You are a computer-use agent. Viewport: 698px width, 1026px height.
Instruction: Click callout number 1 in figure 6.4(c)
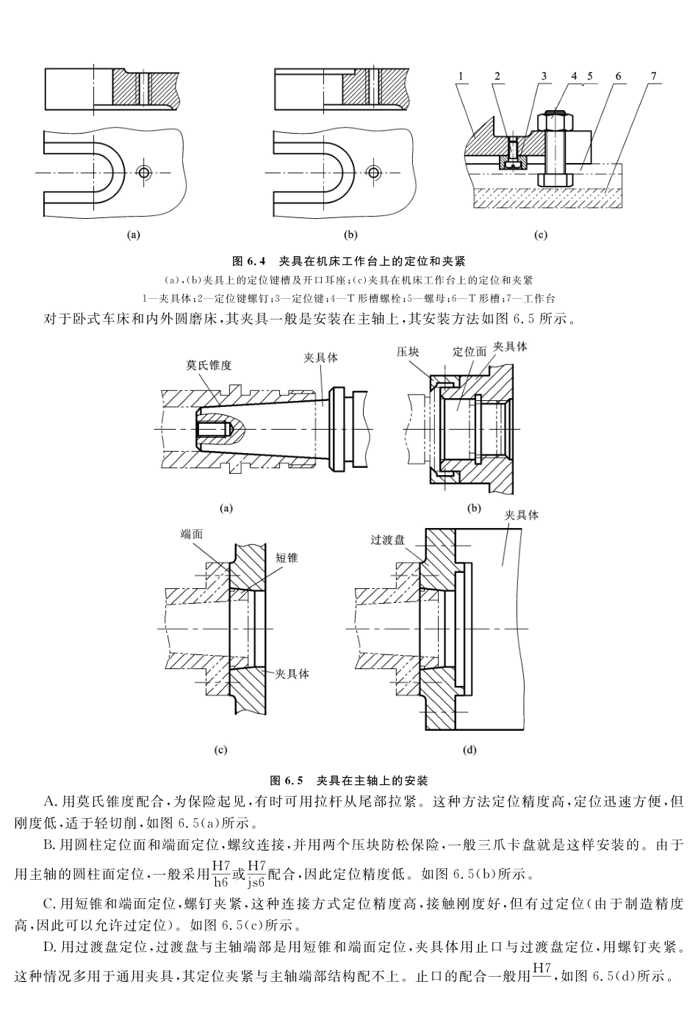pyautogui.click(x=461, y=76)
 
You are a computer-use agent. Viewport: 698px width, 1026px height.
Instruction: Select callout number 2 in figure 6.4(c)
pyautogui.click(x=497, y=76)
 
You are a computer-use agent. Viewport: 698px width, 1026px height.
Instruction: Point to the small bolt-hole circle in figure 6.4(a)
pyautogui.click(x=144, y=172)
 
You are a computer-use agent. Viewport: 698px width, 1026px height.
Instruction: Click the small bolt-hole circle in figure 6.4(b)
pyautogui.click(x=375, y=172)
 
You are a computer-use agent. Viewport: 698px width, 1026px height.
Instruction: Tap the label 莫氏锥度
pyautogui.click(x=208, y=365)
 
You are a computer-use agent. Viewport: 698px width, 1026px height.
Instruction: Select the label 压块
pyautogui.click(x=409, y=352)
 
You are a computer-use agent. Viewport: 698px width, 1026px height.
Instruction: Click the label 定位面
pyautogui.click(x=469, y=352)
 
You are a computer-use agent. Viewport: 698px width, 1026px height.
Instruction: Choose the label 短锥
pyautogui.click(x=287, y=557)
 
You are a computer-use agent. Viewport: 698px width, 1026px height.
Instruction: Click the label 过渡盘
pyautogui.click(x=388, y=540)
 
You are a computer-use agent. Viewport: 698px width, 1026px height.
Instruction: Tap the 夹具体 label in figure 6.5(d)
pyautogui.click(x=521, y=515)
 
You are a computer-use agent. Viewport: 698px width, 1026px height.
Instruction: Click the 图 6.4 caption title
pyautogui.click(x=349, y=261)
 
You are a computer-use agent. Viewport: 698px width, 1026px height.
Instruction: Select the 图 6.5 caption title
pyautogui.click(x=349, y=779)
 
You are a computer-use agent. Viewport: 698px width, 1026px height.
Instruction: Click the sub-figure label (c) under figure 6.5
pyautogui.click(x=220, y=750)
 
